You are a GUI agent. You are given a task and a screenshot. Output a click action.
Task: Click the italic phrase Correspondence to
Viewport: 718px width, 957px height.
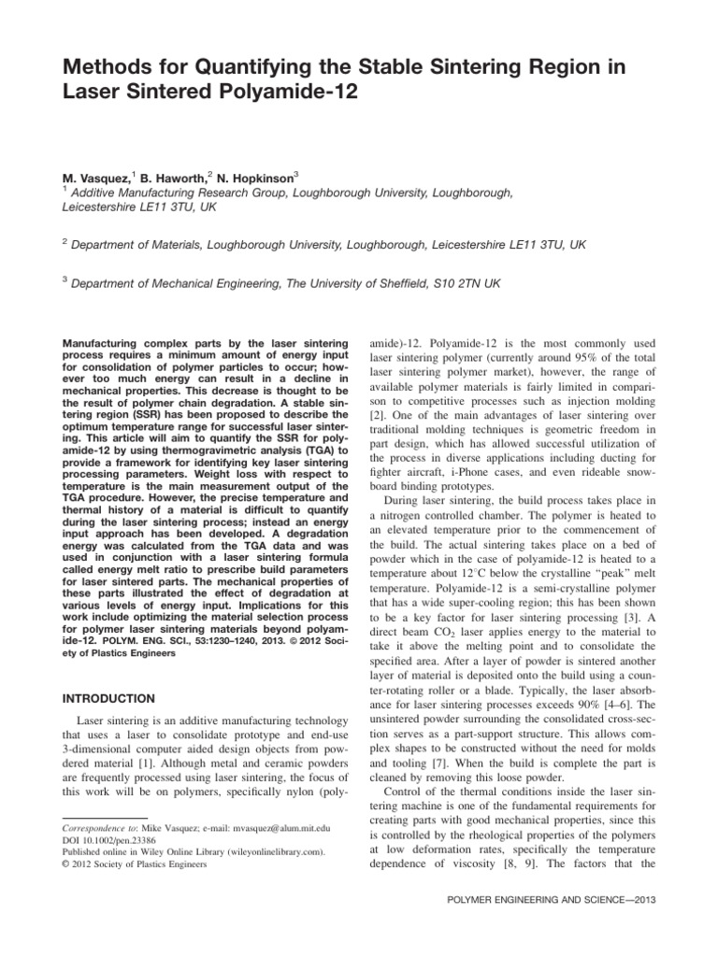(91, 829)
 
